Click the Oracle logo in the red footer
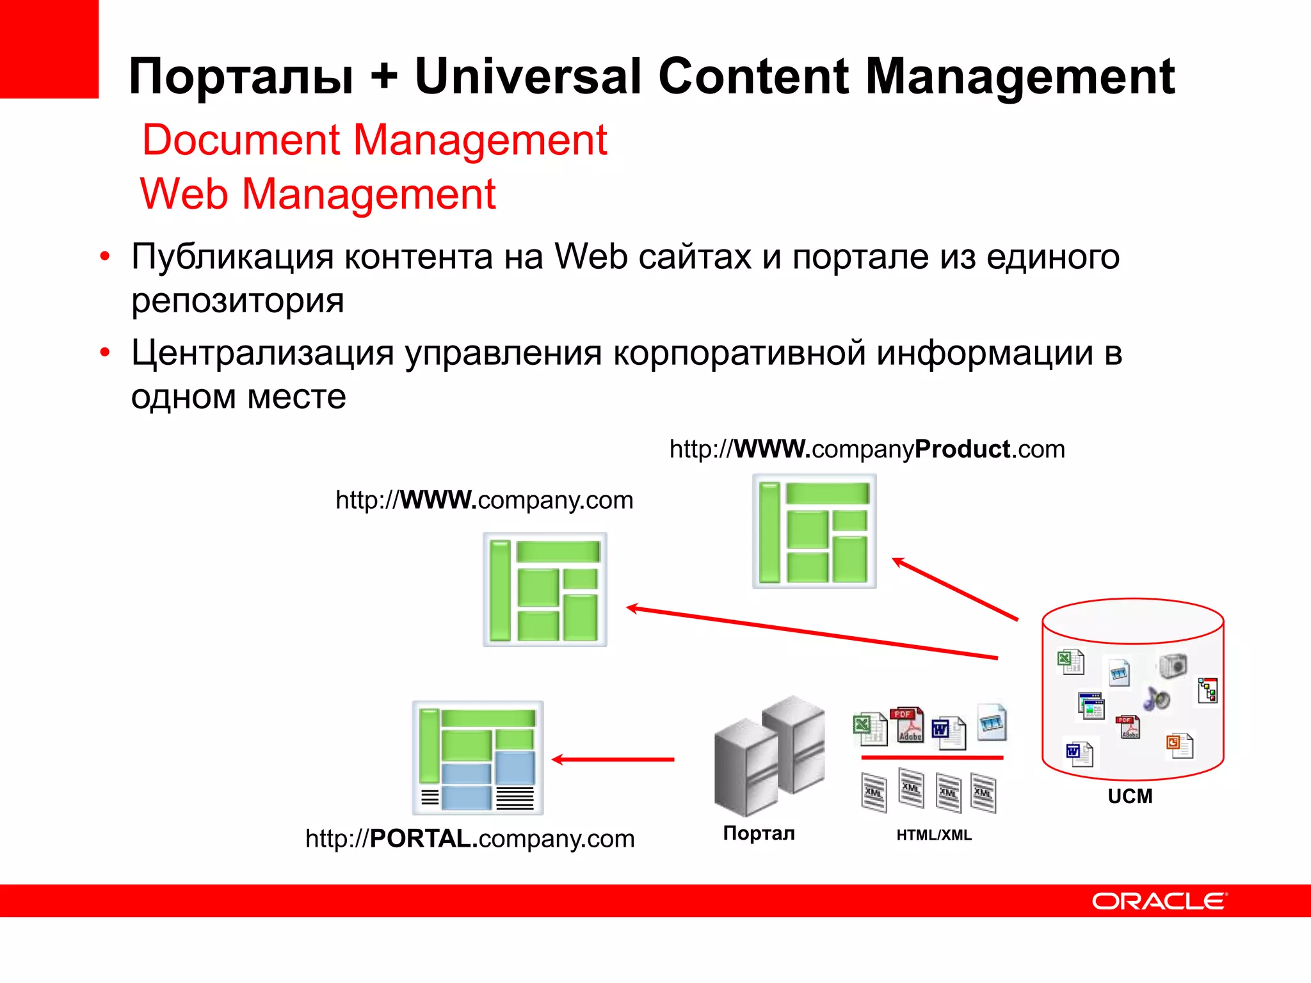(x=1159, y=901)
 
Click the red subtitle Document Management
(x=374, y=140)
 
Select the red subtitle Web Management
(x=318, y=194)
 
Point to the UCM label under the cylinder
(x=1130, y=796)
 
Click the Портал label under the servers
(x=759, y=833)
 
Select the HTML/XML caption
(x=933, y=835)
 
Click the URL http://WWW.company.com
(x=484, y=500)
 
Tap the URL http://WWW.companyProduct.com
(x=867, y=449)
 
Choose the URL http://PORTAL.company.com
(x=470, y=838)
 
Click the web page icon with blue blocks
(x=478, y=758)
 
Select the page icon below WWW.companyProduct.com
(x=814, y=531)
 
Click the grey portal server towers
(x=769, y=755)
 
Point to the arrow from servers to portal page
(x=613, y=760)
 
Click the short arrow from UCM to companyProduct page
(x=954, y=589)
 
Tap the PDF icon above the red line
(x=908, y=725)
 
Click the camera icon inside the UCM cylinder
(x=1173, y=666)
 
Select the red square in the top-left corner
(x=49, y=49)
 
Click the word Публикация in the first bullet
(x=232, y=257)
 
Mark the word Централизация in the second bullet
(x=262, y=353)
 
